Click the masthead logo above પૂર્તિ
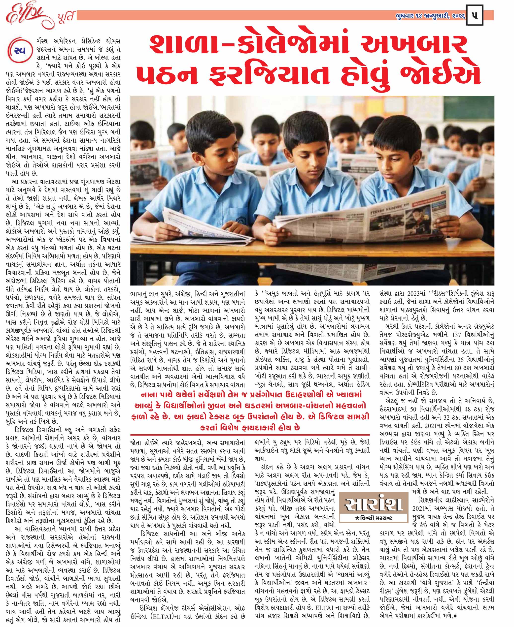(x=25, y=15)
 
